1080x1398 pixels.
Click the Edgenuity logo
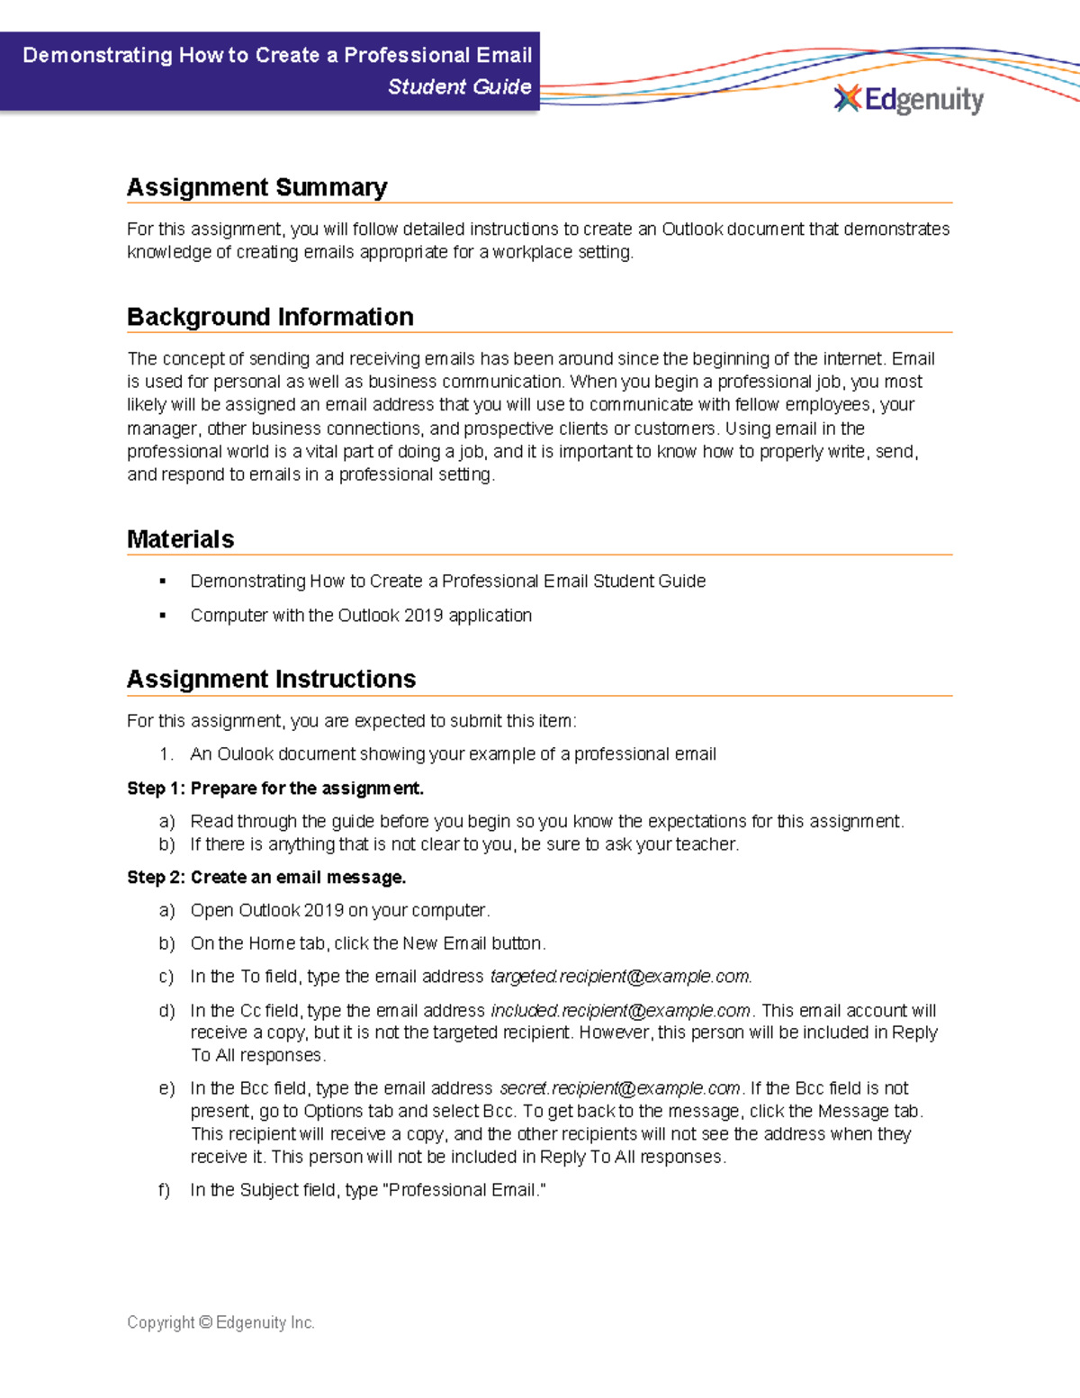tap(909, 99)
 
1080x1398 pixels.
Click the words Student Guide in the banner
tap(459, 87)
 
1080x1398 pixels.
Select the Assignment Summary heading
tap(256, 187)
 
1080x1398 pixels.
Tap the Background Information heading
tap(270, 317)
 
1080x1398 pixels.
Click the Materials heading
tap(180, 539)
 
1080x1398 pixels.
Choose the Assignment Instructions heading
tap(271, 679)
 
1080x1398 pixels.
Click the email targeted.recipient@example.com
tap(620, 977)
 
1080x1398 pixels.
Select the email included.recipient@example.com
tap(620, 1011)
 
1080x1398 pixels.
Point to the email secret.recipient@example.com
tap(619, 1088)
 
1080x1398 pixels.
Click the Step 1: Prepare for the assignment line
tap(274, 789)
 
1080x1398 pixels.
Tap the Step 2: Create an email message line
tap(266, 878)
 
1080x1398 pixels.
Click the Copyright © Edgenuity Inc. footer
tap(220, 1322)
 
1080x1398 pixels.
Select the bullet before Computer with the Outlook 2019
tap(163, 616)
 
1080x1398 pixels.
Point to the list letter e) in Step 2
tap(166, 1088)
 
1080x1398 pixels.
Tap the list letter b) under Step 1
tap(166, 844)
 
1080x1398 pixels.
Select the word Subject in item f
tap(271, 1190)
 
